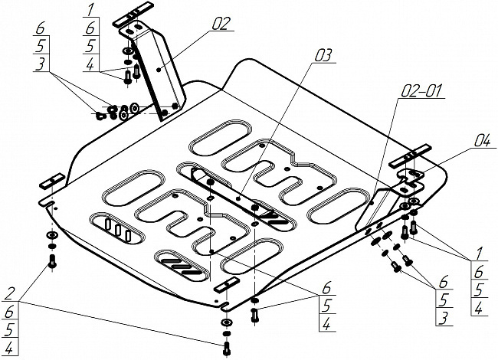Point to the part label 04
pyautogui.click(x=460, y=139)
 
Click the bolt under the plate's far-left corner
pyautogui.click(x=52, y=262)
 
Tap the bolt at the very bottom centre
pyautogui.click(x=225, y=349)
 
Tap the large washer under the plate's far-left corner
pyautogui.click(x=51, y=234)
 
